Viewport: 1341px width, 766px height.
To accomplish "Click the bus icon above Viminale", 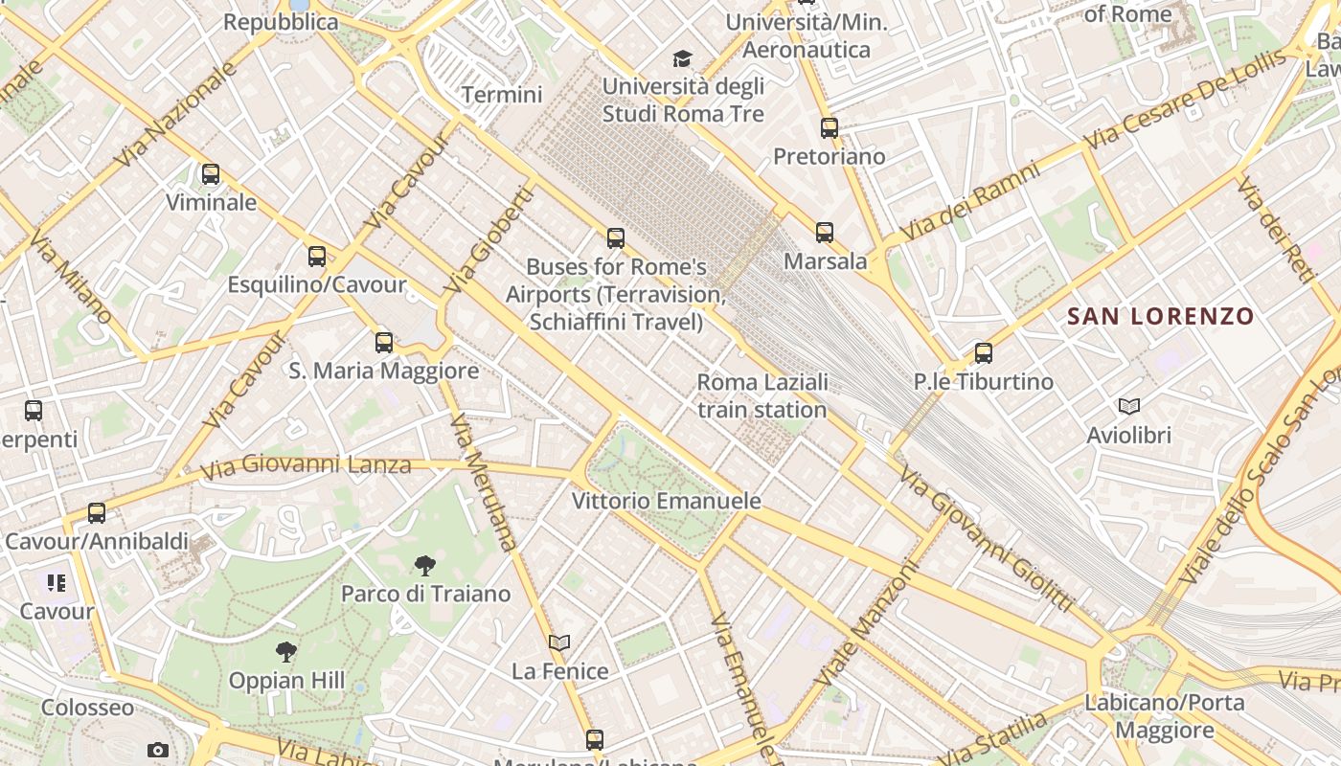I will pos(211,174).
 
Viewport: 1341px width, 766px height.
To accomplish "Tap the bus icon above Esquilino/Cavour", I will pos(317,257).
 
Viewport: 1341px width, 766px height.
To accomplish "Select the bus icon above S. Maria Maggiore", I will pos(384,342).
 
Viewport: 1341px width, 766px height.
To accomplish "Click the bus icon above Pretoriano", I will pos(830,127).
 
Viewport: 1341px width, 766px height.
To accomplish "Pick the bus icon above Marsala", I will pos(825,232).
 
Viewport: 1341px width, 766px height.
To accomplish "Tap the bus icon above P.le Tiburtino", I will pos(984,353).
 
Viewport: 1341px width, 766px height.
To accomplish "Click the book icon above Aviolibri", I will pos(1129,407).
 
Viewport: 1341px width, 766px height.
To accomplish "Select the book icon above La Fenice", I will pos(559,642).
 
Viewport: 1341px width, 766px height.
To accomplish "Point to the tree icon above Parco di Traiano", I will pos(425,566).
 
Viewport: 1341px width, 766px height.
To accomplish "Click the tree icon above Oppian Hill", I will pos(285,653).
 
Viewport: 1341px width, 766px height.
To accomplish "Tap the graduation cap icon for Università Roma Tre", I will pos(682,59).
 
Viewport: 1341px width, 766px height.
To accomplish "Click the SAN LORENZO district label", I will pos(1160,316).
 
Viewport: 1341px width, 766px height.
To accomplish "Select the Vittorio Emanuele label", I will pos(667,501).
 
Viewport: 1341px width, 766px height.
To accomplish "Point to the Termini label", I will pos(502,95).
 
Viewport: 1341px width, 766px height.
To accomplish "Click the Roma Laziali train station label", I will pos(762,396).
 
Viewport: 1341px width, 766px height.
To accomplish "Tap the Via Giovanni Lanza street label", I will pos(307,466).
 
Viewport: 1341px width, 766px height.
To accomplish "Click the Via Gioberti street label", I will pos(489,239).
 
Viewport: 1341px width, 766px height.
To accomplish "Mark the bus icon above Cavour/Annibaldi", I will pos(97,512).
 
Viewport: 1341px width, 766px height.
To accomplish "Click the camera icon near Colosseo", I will pos(158,750).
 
